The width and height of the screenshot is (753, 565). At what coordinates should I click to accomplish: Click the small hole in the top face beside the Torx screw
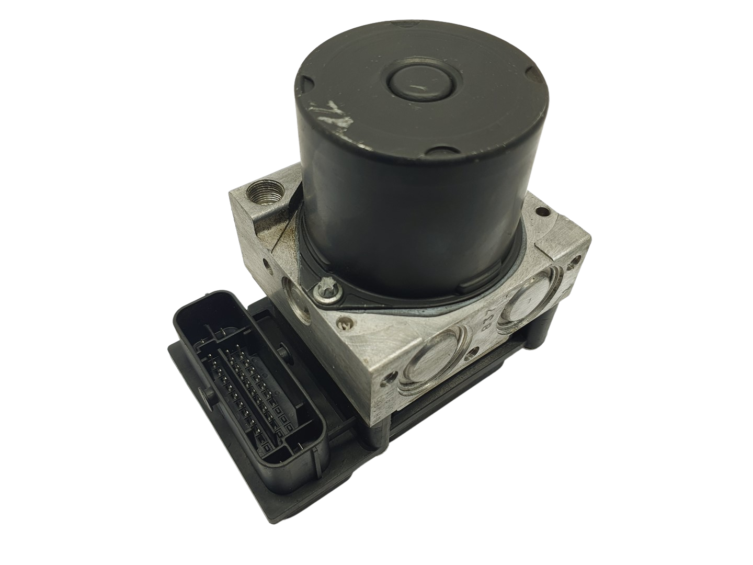[x=344, y=324]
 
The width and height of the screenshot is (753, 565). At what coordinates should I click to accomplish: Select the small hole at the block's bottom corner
[x=387, y=376]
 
